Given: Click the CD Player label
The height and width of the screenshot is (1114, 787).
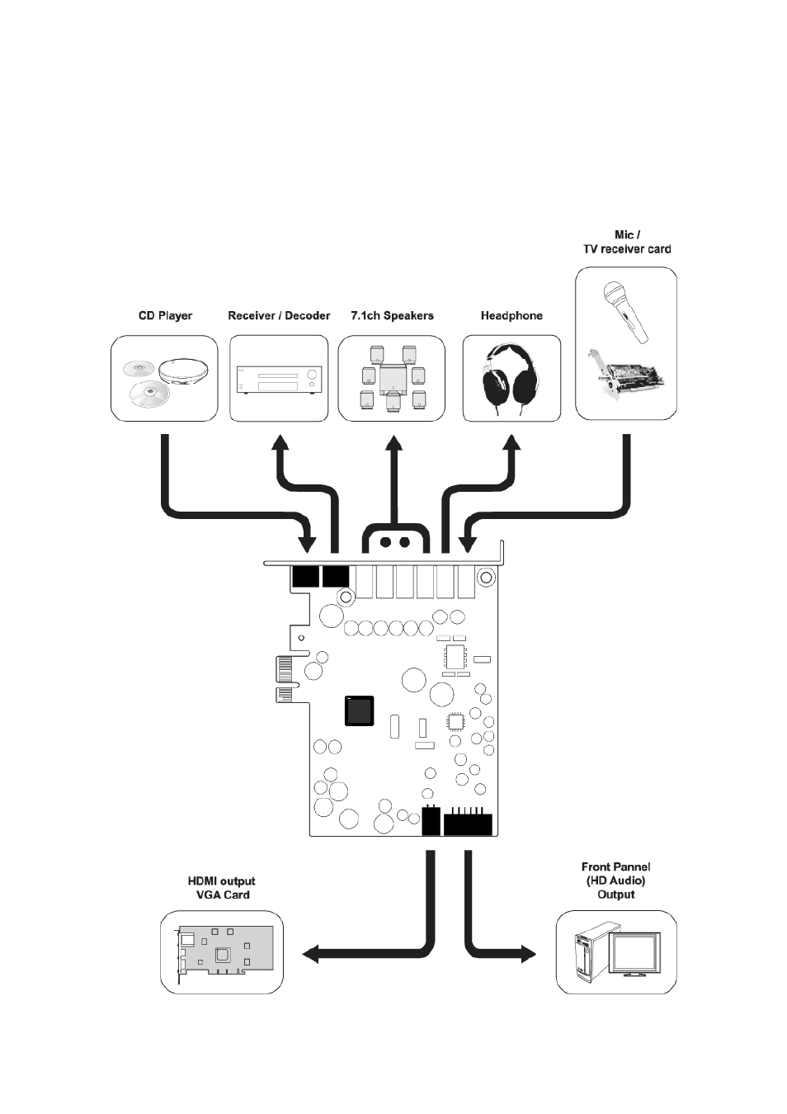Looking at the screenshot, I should tap(165, 316).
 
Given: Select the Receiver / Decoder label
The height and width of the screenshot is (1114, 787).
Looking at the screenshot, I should tap(279, 316).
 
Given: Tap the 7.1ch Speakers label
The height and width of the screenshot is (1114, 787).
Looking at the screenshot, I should tap(392, 316).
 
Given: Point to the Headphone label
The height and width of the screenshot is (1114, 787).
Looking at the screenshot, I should tap(511, 316).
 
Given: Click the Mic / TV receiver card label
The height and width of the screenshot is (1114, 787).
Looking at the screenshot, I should tap(627, 242).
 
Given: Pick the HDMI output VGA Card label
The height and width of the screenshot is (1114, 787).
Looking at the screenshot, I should tap(222, 888).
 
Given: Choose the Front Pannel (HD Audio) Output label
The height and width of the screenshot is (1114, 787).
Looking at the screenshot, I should tap(615, 880).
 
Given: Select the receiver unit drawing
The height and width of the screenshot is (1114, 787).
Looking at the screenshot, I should tap(279, 380).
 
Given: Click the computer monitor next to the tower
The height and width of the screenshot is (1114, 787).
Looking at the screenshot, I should tap(635, 955).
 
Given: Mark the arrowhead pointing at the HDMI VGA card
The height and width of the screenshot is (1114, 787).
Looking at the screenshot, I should tap(312, 955).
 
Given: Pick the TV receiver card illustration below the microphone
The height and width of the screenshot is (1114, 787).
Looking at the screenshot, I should tap(626, 377).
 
